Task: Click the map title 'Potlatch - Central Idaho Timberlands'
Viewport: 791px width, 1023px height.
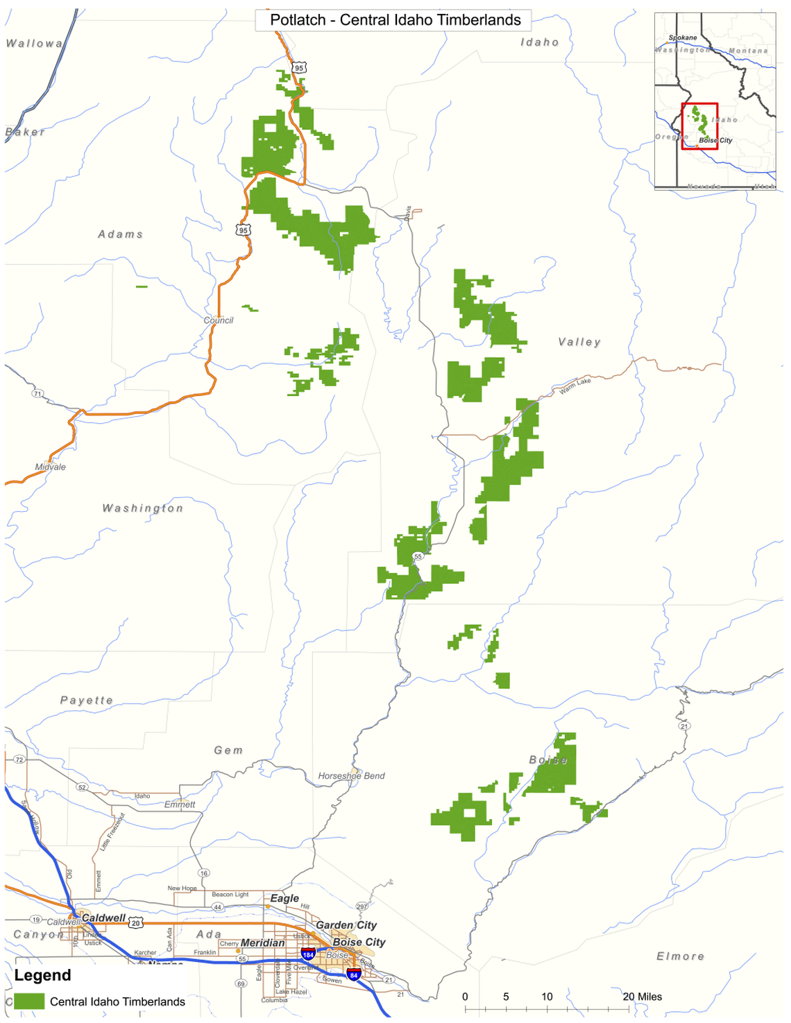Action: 395,20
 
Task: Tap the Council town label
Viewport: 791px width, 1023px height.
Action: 218,320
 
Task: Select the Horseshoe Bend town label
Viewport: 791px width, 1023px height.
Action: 351,776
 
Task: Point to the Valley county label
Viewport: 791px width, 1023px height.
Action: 579,342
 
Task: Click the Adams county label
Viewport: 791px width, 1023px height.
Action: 121,234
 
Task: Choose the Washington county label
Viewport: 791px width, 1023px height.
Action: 143,508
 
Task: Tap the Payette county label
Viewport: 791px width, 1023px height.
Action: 87,700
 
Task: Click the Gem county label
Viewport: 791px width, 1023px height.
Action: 228,750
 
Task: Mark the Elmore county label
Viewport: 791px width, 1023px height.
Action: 680,956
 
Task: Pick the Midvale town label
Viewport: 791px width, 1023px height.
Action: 51,467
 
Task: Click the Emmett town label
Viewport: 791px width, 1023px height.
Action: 180,805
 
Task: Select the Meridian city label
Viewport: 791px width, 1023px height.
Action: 262,943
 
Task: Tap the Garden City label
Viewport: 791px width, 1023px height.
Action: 346,925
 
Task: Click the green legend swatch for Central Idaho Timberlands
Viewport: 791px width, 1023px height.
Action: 29,1001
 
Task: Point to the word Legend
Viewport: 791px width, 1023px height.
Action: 42,975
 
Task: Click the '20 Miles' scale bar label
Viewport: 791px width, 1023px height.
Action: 642,997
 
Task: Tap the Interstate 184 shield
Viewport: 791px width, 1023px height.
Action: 308,954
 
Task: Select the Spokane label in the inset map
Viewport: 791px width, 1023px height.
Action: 683,37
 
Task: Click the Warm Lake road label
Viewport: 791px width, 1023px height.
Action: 575,386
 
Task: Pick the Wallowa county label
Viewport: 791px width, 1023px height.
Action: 34,44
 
